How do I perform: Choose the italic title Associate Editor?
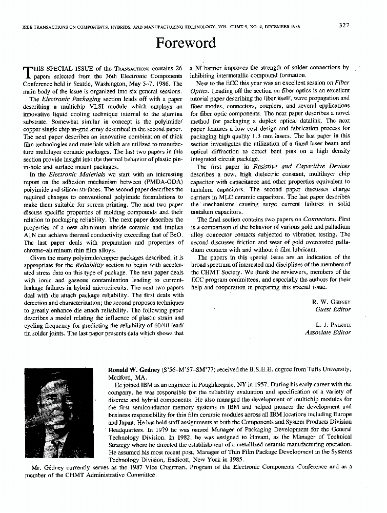pyautogui.click(x=328, y=332)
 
